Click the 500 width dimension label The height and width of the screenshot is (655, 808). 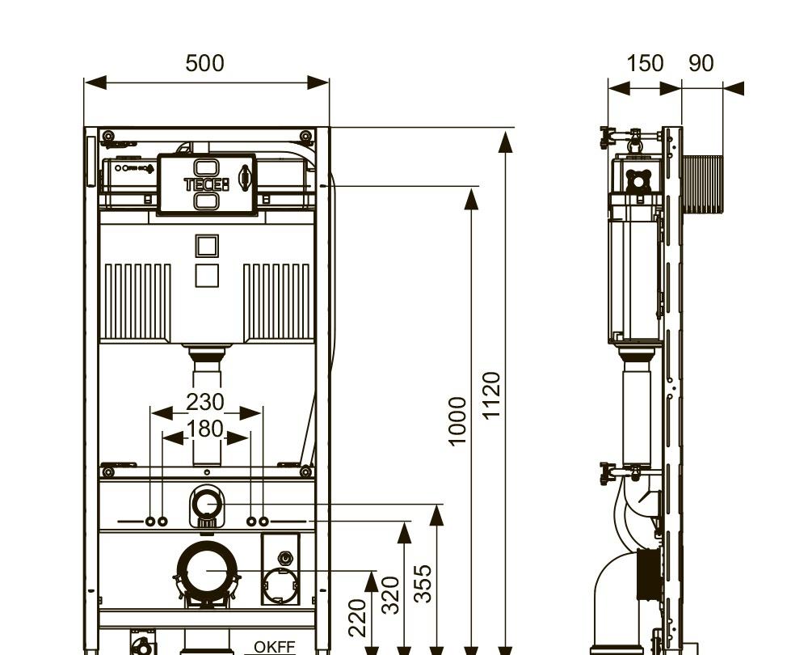[x=204, y=63]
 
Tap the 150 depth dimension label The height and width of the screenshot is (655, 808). [x=644, y=63]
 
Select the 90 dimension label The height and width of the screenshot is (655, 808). [x=701, y=63]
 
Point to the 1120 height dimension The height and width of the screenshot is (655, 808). [x=491, y=395]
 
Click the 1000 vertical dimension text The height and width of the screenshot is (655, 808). [x=457, y=421]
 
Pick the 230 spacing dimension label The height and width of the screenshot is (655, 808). [x=205, y=402]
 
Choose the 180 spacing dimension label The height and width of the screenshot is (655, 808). [x=205, y=429]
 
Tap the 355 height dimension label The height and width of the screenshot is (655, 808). [x=423, y=583]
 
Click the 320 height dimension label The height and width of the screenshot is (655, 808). [x=390, y=595]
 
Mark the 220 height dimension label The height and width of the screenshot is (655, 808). [x=358, y=617]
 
